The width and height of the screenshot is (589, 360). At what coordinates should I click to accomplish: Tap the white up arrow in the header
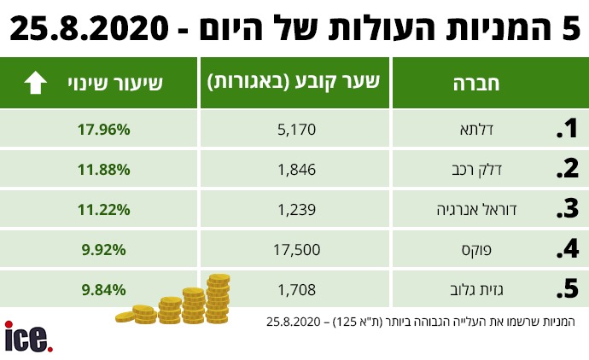coord(36,82)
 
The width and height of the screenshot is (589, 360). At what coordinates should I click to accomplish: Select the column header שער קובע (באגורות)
coord(294,82)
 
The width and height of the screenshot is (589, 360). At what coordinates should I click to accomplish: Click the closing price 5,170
coord(297,130)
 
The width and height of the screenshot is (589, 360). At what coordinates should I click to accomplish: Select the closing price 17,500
coord(297,249)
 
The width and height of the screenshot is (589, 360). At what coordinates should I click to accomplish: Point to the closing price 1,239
coord(297,209)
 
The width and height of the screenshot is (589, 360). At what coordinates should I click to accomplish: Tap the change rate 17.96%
coord(102,130)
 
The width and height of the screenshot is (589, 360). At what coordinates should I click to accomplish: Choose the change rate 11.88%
coord(102,169)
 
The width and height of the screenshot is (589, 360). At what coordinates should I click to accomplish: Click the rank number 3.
coord(567,209)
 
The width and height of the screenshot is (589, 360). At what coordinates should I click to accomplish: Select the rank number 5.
coord(567,289)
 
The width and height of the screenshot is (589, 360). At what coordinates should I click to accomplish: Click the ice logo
coord(28,337)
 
